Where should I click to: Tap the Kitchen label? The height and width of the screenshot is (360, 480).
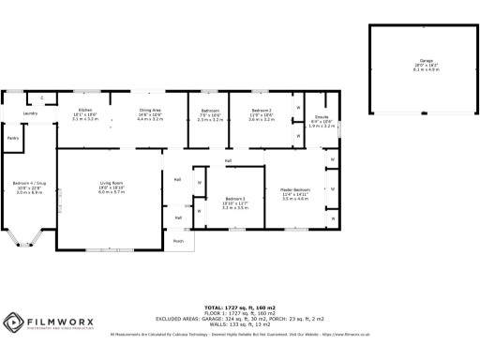point(84,110)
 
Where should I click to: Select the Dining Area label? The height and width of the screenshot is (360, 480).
point(150,110)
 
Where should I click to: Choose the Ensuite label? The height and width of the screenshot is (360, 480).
point(322,117)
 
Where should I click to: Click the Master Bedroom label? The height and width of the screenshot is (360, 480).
point(295,189)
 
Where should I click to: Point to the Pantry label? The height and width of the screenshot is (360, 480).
point(13,138)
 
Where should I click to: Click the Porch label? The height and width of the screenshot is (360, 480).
point(178,241)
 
